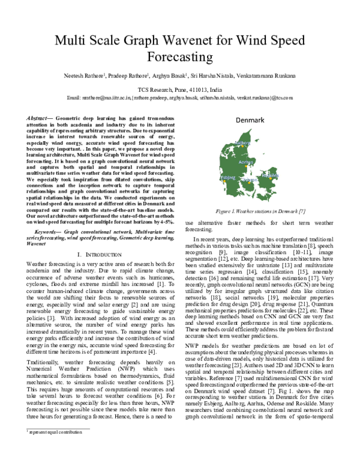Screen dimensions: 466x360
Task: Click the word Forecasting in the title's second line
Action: point(179,58)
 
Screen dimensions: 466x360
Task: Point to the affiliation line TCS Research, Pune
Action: point(179,88)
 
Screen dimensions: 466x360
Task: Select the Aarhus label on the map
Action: point(244,162)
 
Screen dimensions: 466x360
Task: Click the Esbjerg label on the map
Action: point(229,178)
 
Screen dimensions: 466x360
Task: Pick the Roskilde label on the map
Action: point(271,175)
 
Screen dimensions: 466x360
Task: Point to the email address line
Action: point(179,97)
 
